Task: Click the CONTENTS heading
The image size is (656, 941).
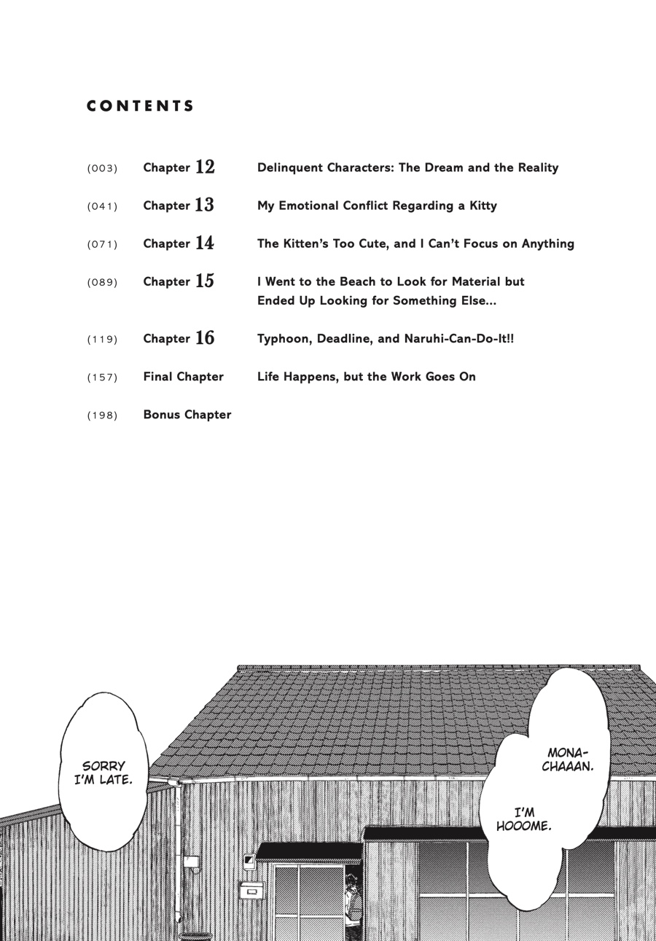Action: coord(141,106)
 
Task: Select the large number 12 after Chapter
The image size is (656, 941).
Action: coord(205,167)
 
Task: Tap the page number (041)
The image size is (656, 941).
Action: coord(102,206)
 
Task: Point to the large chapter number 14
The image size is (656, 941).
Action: coord(205,243)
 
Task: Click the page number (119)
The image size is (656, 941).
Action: coord(102,339)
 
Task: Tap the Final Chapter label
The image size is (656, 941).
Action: coord(184,377)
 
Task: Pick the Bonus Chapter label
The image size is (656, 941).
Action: coord(187,415)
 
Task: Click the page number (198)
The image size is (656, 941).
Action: coord(102,415)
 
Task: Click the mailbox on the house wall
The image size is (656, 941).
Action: coord(252,889)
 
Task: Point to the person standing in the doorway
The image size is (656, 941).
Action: coord(354,904)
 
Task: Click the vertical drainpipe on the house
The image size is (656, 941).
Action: coord(178,853)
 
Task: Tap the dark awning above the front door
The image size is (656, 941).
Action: coord(309,851)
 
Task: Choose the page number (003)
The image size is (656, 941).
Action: coord(102,168)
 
